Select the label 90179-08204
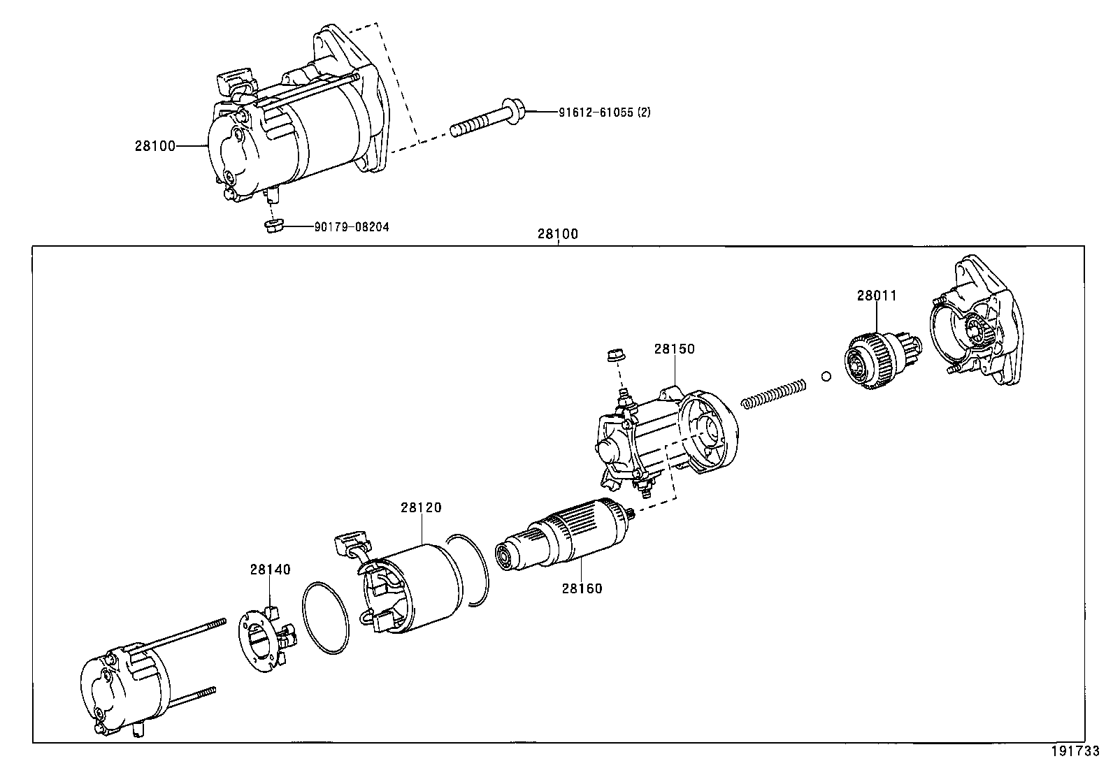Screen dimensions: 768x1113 pyautogui.click(x=352, y=226)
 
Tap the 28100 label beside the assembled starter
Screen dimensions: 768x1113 pyautogui.click(x=155, y=146)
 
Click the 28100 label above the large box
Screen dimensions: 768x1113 pyautogui.click(x=558, y=234)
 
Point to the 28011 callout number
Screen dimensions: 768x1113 pyautogui.click(x=877, y=296)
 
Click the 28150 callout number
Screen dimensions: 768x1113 pyautogui.click(x=675, y=349)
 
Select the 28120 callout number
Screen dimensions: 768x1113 pyautogui.click(x=421, y=507)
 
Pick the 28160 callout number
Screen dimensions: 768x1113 pyautogui.click(x=581, y=588)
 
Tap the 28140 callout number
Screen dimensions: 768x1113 pyautogui.click(x=270, y=570)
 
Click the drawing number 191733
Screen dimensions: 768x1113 pyautogui.click(x=1075, y=753)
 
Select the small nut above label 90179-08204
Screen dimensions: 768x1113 pyautogui.click(x=273, y=225)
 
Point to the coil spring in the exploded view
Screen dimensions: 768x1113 pyautogui.click(x=774, y=393)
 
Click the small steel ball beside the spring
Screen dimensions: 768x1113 pyautogui.click(x=826, y=377)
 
